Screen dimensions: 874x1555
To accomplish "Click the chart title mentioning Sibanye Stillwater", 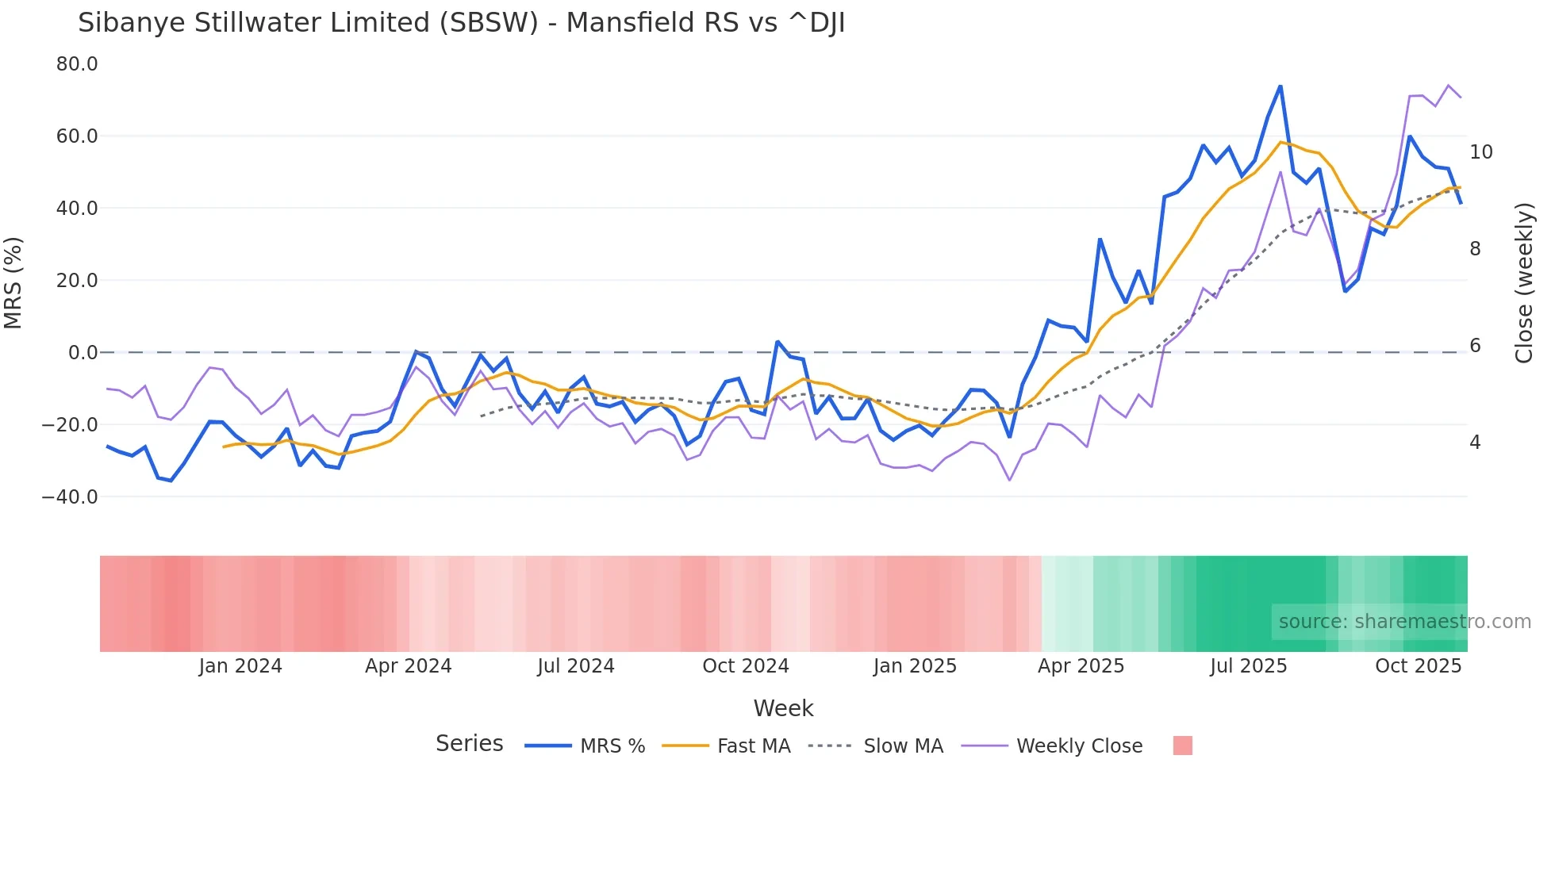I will pyautogui.click(x=461, y=23).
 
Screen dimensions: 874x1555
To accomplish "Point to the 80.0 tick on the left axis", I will pyautogui.click(x=77, y=64).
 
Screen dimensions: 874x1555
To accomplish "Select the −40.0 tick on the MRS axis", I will pyautogui.click(x=70, y=497).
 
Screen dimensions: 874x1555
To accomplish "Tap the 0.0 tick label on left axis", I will pyautogui.click(x=83, y=353).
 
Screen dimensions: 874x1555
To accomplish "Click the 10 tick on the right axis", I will pyautogui.click(x=1480, y=152).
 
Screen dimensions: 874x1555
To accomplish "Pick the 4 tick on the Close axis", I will pyautogui.click(x=1475, y=443).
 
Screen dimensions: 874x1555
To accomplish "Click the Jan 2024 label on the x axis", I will pyautogui.click(x=240, y=666).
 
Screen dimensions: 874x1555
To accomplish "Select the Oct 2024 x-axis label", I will pyautogui.click(x=745, y=666).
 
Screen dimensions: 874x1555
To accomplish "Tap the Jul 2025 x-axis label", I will pyautogui.click(x=1248, y=666).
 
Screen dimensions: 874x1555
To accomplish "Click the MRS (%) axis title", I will pyautogui.click(x=13, y=282).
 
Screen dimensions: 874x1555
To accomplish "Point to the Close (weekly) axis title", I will pyautogui.click(x=1524, y=282).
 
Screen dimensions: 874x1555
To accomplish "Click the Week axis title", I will pyautogui.click(x=783, y=708).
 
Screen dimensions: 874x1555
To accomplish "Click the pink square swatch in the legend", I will pyautogui.click(x=1182, y=746).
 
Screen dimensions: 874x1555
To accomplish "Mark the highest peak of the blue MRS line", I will pyautogui.click(x=1280, y=86).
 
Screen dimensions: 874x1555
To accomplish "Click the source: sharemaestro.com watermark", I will pyautogui.click(x=1404, y=622).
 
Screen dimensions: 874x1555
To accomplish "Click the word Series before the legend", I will pyautogui.click(x=469, y=744).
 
